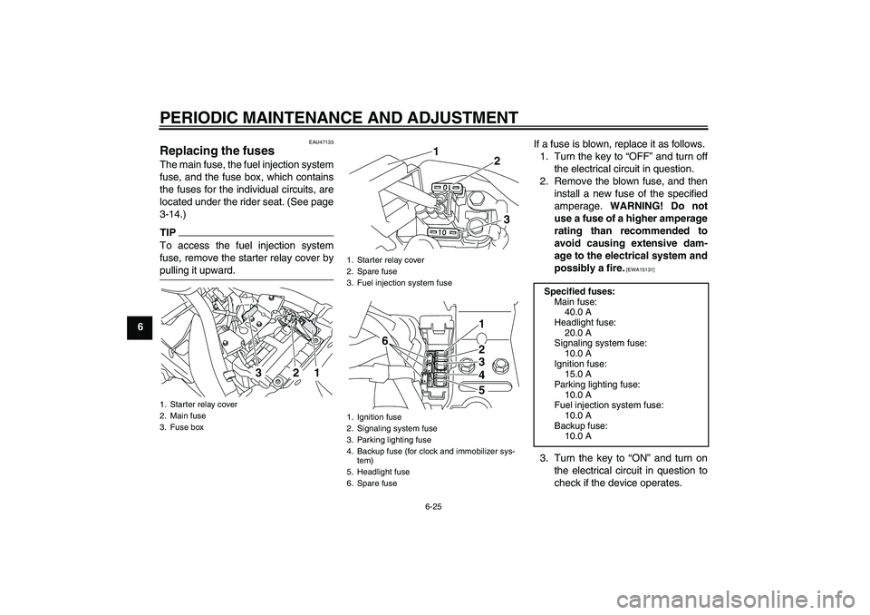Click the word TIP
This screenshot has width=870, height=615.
(168, 231)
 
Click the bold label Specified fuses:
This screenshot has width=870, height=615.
(579, 291)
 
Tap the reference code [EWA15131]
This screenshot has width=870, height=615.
(641, 270)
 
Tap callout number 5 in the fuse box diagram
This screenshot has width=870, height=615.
(482, 390)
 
